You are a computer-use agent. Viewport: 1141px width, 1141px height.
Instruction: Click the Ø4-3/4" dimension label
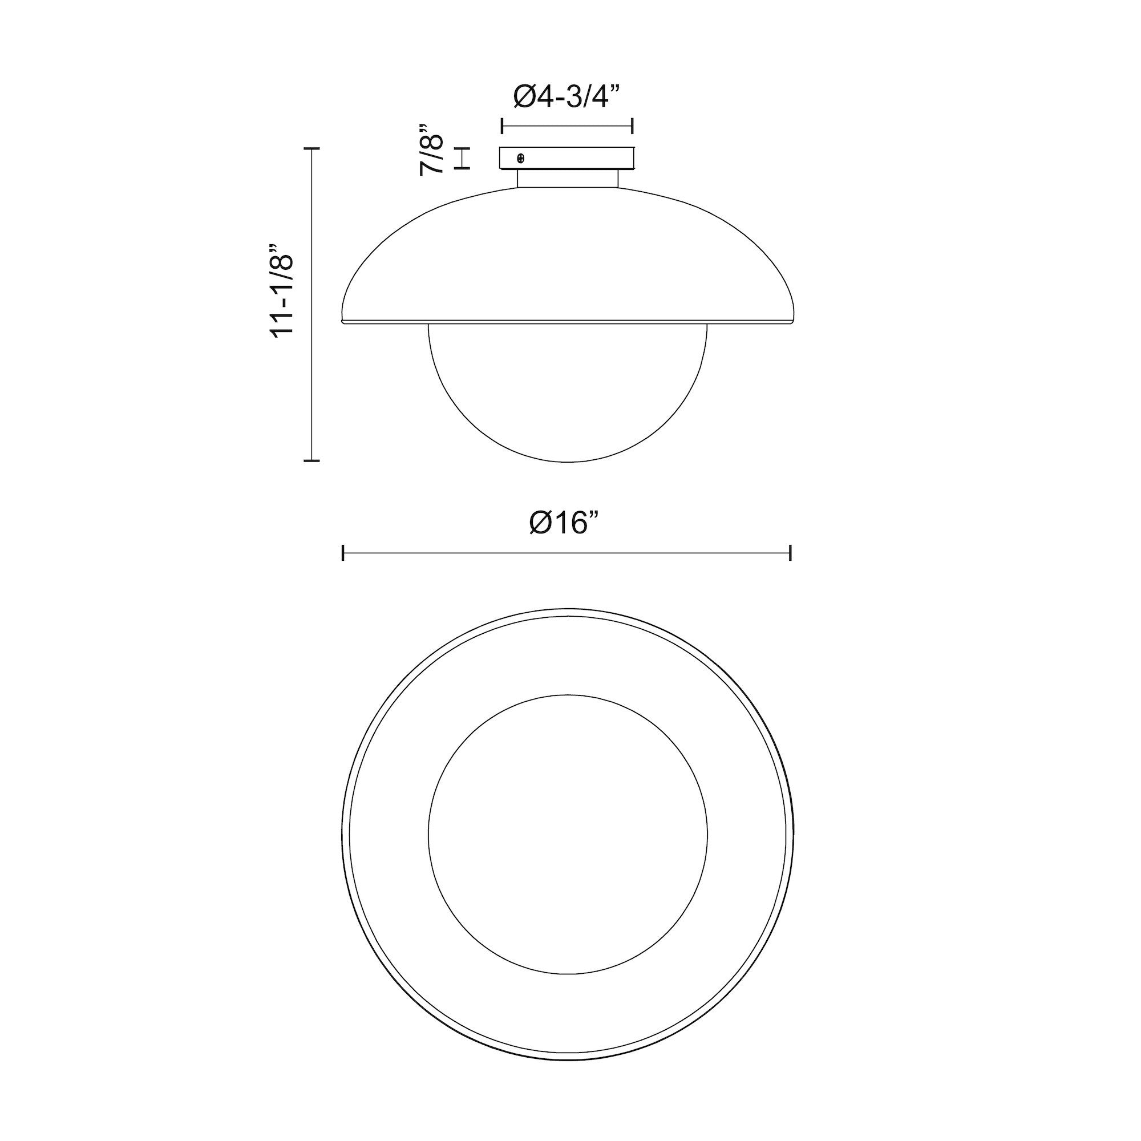tap(567, 96)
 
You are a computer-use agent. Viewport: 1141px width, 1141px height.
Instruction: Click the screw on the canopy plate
tap(521, 158)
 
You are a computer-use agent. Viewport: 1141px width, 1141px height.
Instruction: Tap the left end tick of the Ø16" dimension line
tap(343, 553)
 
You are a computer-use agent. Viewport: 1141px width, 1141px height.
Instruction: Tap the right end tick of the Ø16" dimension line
tap(790, 553)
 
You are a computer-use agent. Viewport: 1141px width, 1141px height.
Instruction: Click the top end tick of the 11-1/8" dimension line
tap(311, 148)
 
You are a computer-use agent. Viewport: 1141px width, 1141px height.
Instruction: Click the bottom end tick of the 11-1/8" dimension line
tap(311, 460)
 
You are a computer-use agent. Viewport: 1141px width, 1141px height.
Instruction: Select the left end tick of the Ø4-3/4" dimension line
tap(502, 126)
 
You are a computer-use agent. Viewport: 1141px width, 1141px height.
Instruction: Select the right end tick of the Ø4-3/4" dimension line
tap(633, 126)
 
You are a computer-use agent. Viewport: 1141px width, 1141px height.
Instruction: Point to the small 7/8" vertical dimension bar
tap(462, 158)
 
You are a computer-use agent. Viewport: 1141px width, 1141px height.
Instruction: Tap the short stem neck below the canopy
tap(568, 179)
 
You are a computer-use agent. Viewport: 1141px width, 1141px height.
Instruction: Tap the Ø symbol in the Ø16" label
tap(540, 523)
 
